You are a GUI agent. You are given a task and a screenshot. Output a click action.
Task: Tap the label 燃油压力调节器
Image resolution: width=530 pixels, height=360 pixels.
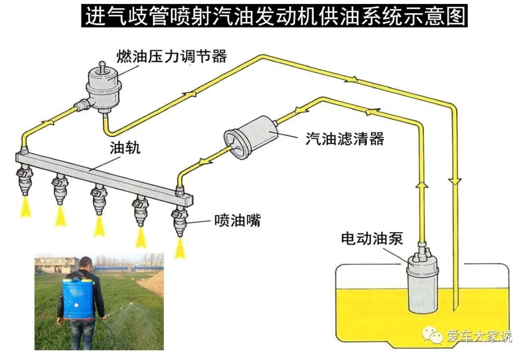(x=171, y=56)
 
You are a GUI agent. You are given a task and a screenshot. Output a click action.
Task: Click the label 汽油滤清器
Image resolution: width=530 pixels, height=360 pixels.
(x=344, y=138)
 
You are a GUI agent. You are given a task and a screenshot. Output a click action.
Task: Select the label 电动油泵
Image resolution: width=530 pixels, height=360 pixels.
(x=372, y=239)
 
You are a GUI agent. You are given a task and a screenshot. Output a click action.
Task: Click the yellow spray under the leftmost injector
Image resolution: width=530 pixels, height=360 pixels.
(x=25, y=208)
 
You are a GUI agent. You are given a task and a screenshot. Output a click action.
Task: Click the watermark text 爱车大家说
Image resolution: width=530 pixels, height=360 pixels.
(x=479, y=336)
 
